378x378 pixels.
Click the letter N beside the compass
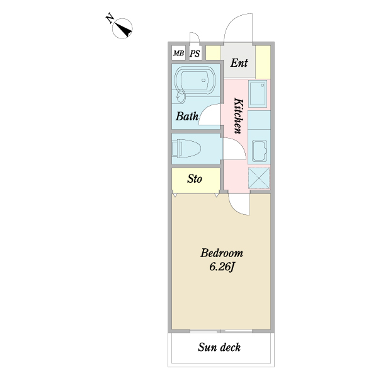(110, 18)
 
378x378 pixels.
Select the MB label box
(179, 53)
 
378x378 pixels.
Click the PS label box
(195, 54)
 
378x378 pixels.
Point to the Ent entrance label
(239, 63)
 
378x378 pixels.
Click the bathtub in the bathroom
(195, 81)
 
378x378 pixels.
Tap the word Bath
(187, 116)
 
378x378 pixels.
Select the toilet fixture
(186, 149)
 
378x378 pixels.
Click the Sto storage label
(195, 179)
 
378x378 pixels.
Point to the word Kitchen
(239, 116)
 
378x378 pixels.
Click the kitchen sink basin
(258, 93)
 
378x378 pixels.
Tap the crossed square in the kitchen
(259, 178)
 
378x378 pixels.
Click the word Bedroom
(222, 253)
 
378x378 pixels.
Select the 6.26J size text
(222, 267)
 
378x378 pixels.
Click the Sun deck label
(219, 347)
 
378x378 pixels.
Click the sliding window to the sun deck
(221, 331)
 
